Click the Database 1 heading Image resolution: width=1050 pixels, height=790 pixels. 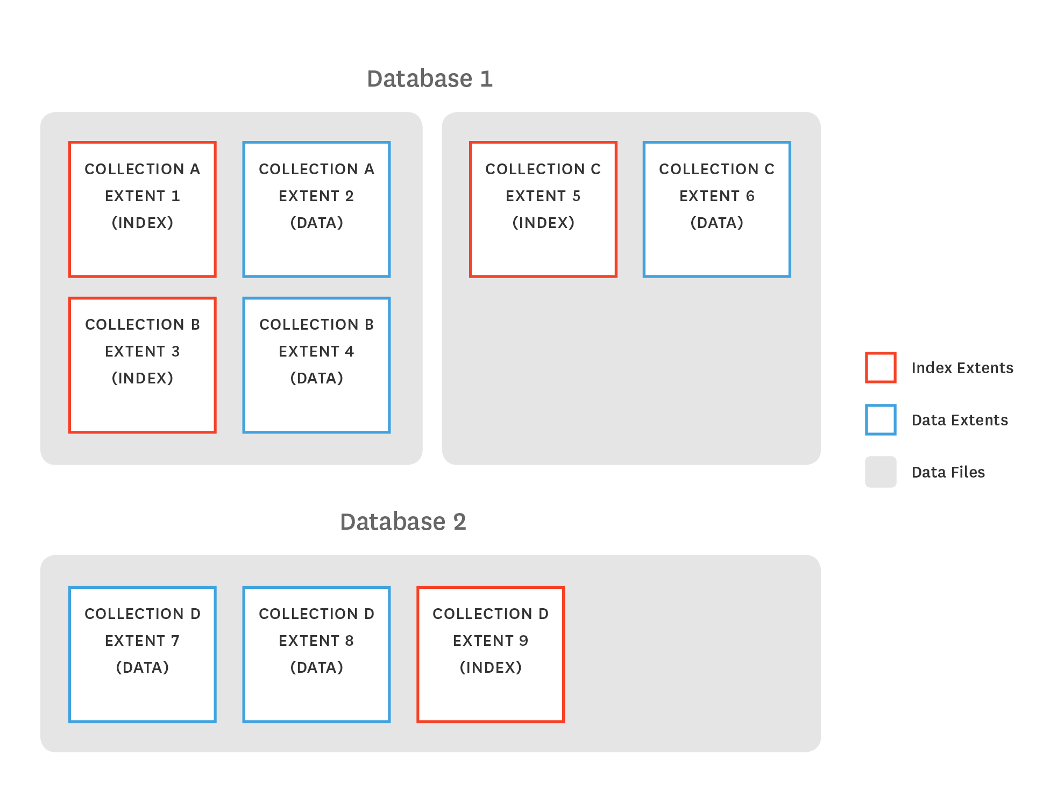(x=429, y=79)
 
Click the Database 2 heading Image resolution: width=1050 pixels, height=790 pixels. (x=403, y=522)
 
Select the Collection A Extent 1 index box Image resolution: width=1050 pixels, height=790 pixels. (x=143, y=209)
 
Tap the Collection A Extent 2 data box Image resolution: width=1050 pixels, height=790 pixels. (x=316, y=209)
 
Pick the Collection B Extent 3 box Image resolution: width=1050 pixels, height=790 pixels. (x=143, y=365)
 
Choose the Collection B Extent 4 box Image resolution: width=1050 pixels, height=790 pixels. (x=316, y=365)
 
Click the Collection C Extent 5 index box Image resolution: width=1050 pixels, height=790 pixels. (x=543, y=209)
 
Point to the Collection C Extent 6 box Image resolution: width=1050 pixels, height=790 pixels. (x=716, y=209)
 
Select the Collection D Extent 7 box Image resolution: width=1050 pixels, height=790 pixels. (x=143, y=654)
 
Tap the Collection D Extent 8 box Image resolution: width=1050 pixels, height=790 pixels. (x=316, y=654)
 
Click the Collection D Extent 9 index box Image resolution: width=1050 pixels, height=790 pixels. (x=490, y=654)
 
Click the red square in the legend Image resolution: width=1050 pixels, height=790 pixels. (x=881, y=367)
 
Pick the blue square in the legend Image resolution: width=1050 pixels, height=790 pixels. (x=881, y=419)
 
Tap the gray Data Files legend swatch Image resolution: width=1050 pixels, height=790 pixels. (x=881, y=472)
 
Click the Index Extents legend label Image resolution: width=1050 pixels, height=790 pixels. (x=962, y=368)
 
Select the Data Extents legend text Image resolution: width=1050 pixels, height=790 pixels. (x=959, y=420)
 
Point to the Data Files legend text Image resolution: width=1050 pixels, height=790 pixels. (x=948, y=472)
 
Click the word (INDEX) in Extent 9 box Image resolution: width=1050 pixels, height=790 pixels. (x=490, y=667)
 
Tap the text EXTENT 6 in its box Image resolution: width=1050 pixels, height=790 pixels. (x=716, y=196)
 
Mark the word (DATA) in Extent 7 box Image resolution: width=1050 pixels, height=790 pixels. (x=143, y=667)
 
